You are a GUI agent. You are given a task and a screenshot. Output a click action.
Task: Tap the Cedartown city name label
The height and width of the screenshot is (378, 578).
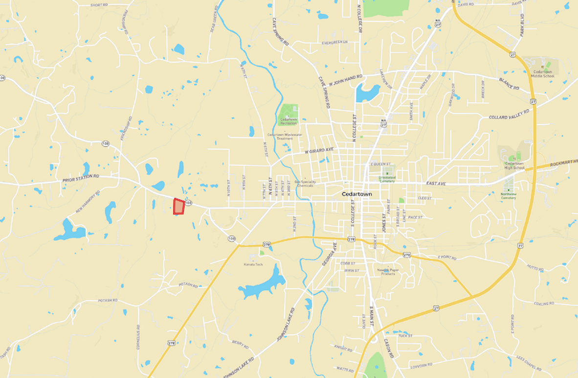[x=357, y=194]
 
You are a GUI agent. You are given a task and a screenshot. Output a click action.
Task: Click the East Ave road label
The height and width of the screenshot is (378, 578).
[x=436, y=183]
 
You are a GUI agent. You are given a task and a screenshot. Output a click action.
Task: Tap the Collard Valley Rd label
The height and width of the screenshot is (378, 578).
[x=509, y=115]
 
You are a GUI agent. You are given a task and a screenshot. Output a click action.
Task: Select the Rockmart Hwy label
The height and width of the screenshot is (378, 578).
[x=564, y=163]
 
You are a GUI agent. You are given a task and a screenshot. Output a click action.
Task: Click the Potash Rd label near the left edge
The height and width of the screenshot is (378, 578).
[x=109, y=300]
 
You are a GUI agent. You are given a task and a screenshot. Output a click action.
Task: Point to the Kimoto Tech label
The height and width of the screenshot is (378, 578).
[x=253, y=264]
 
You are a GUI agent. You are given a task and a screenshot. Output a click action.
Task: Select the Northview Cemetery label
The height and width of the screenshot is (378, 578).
[x=508, y=196]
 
